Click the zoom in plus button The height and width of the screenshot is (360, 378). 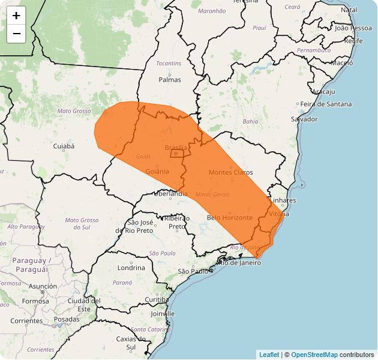(16, 16)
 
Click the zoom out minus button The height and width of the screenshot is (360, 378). (16, 34)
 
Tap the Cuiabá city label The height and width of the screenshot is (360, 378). (64, 146)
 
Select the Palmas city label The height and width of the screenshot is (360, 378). (169, 79)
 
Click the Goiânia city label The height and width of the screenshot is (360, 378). (157, 171)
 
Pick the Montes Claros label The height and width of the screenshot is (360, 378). (230, 172)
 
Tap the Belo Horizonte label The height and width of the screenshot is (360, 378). (229, 217)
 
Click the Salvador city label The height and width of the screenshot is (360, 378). (304, 119)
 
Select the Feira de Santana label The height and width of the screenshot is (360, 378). (326, 104)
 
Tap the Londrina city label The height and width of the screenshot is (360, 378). (131, 268)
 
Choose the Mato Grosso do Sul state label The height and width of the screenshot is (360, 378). (81, 224)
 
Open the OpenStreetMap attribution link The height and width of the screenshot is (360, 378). (314, 355)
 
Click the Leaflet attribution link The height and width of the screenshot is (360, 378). (269, 355)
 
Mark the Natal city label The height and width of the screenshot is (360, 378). (349, 10)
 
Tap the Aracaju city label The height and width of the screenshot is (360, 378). (323, 91)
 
